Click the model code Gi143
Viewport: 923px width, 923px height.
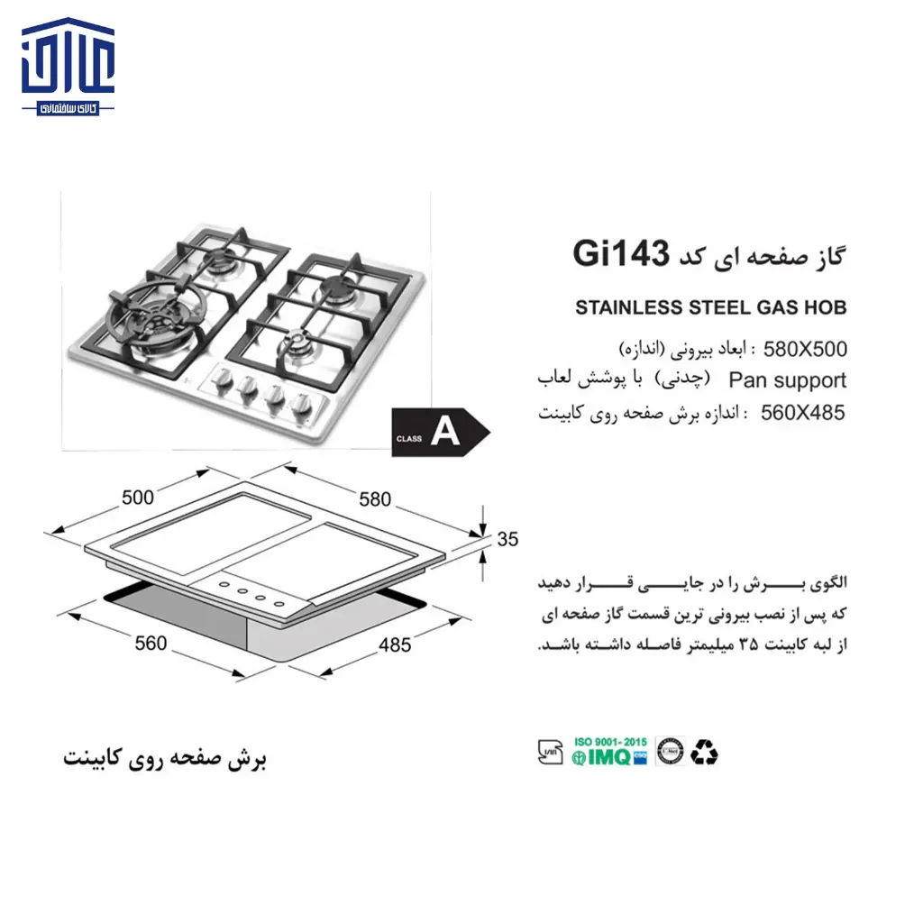click(x=620, y=255)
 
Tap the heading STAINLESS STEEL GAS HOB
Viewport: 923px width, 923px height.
click(x=711, y=308)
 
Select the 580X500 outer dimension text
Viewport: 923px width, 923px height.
click(x=805, y=348)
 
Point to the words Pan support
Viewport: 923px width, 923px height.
click(x=787, y=380)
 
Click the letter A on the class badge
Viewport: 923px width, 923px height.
click(x=444, y=434)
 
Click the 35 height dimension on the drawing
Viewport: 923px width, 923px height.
click(x=507, y=540)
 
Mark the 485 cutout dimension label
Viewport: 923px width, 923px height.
click(x=393, y=645)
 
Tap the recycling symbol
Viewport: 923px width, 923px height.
click(x=705, y=752)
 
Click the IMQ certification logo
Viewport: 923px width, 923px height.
click(x=609, y=756)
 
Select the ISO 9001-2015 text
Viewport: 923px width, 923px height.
click(x=611, y=741)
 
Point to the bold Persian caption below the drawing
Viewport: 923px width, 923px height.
click(x=165, y=758)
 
